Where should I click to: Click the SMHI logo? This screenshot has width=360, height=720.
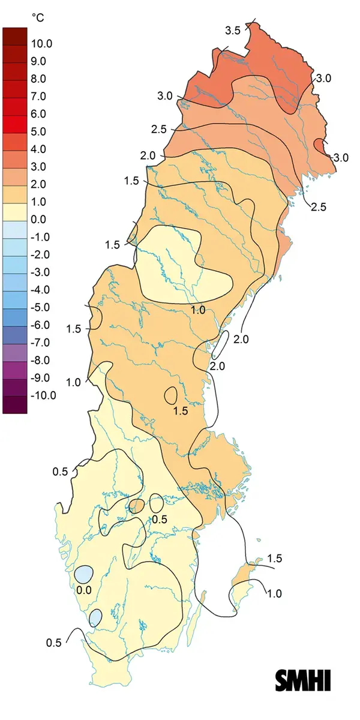303,680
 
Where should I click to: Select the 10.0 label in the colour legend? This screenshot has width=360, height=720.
43,44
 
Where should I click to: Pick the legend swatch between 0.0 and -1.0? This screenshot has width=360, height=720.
15,228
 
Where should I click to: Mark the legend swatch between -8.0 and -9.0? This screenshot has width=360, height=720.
15,368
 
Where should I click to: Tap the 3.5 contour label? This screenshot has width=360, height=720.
233,30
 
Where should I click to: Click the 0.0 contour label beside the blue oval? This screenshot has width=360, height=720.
84,589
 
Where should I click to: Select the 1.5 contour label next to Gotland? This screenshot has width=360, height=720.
274,559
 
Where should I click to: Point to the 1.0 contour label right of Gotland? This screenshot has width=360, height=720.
274,593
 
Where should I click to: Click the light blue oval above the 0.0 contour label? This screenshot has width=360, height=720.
83,574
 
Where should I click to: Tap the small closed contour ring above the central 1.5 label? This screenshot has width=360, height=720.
170,395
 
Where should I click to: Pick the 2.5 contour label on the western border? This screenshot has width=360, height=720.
158,130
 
